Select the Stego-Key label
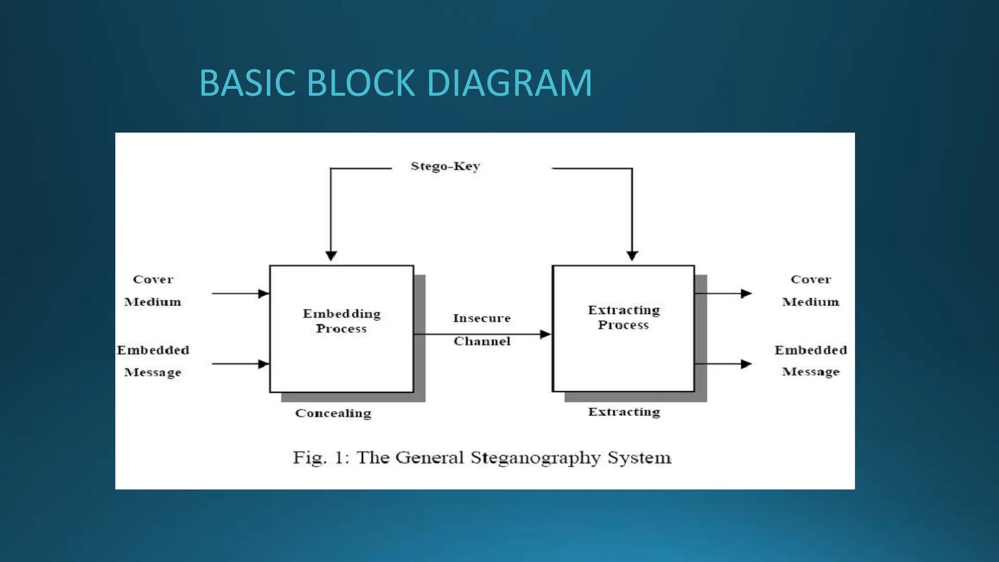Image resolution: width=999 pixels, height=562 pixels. (x=445, y=166)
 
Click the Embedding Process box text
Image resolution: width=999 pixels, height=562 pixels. (x=341, y=321)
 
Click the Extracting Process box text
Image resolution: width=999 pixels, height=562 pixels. (x=623, y=317)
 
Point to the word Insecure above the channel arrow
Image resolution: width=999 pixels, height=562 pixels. (x=481, y=318)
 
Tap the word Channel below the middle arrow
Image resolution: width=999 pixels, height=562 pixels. (x=482, y=341)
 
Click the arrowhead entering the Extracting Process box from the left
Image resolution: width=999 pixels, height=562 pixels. (x=545, y=334)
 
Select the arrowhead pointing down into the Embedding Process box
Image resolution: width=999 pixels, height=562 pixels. (x=331, y=255)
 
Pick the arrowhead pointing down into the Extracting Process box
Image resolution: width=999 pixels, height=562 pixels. (x=632, y=255)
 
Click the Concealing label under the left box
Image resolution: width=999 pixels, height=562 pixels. (x=333, y=413)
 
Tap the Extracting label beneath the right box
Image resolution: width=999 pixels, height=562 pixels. (x=624, y=412)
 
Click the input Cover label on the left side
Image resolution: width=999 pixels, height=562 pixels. (x=153, y=280)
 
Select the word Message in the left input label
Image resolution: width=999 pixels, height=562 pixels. (x=153, y=372)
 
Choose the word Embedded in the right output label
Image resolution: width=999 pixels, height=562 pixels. (x=810, y=350)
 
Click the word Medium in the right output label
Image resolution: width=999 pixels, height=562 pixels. (x=810, y=302)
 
